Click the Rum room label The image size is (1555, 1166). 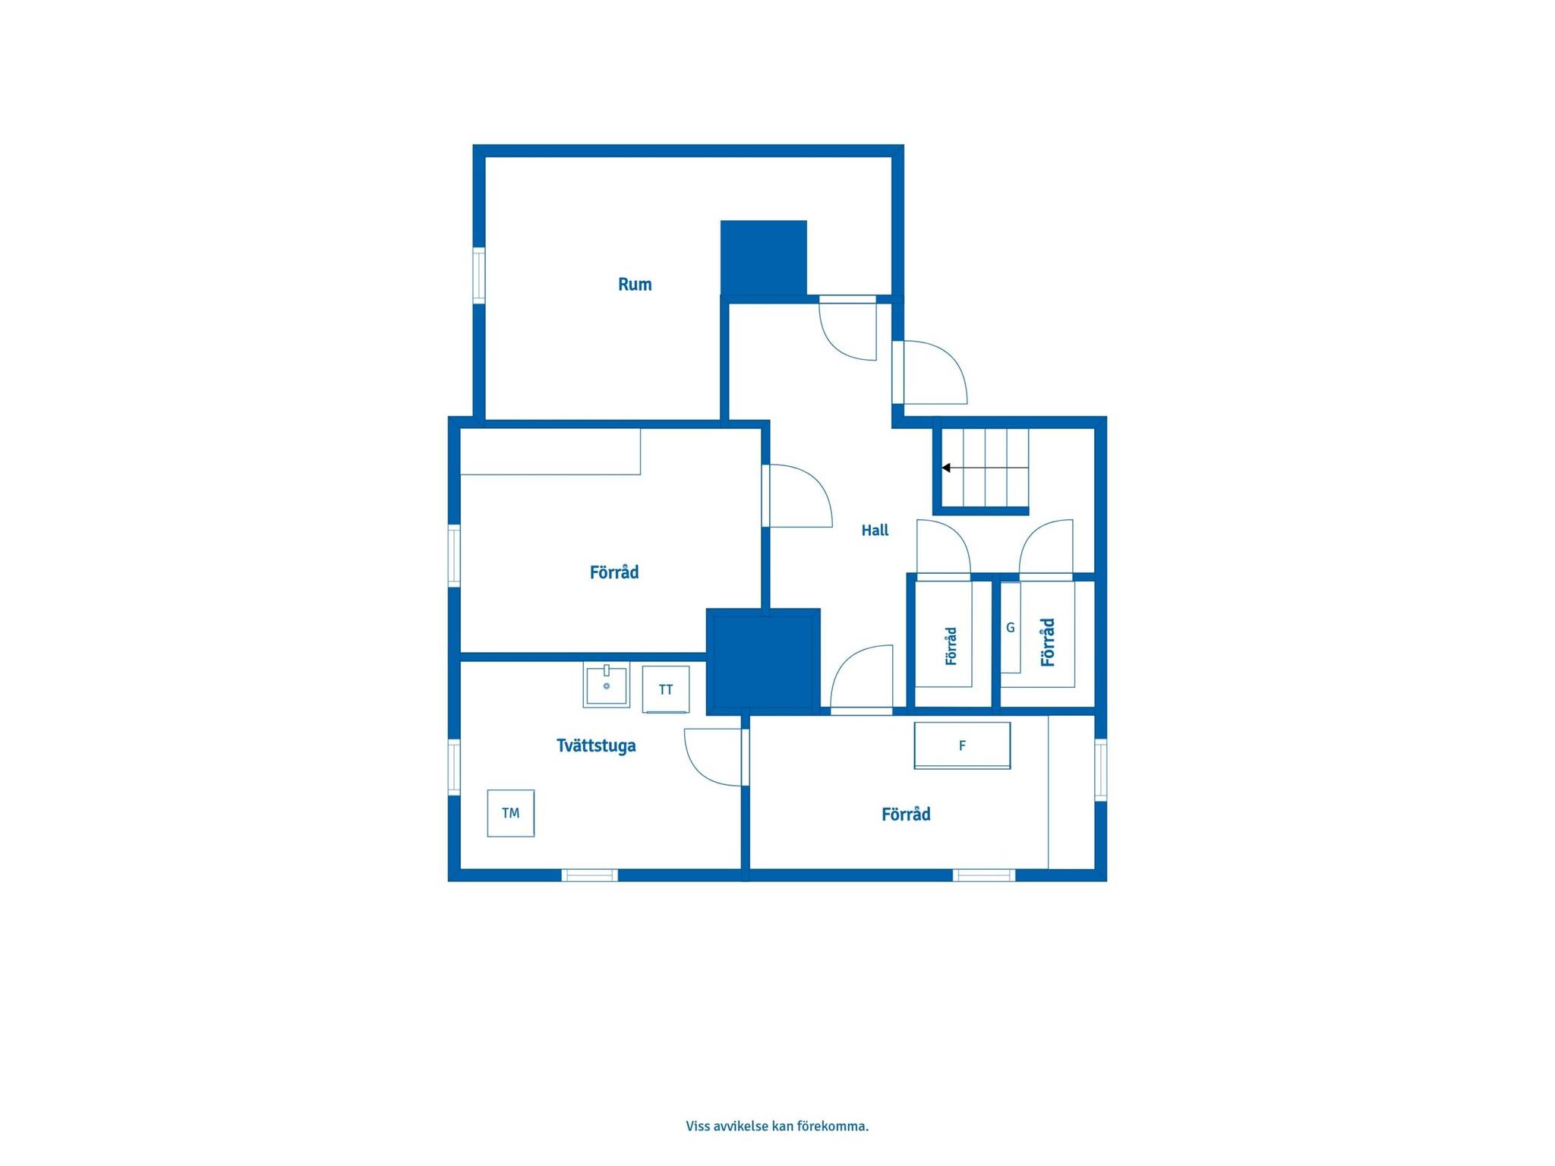pyautogui.click(x=635, y=285)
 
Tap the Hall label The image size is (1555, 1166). pyautogui.click(x=875, y=531)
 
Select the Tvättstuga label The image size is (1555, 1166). pyautogui.click(x=596, y=745)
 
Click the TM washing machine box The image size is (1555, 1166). pyautogui.click(x=511, y=813)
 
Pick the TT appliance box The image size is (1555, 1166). pyautogui.click(x=666, y=689)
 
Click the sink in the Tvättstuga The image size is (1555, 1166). pyautogui.click(x=607, y=685)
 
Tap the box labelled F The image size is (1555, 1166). pyautogui.click(x=962, y=745)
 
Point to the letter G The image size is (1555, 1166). pyautogui.click(x=1011, y=628)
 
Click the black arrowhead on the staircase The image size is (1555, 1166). pyautogui.click(x=946, y=468)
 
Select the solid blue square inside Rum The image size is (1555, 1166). pyautogui.click(x=764, y=257)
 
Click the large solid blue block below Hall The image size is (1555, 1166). pyautogui.click(x=763, y=662)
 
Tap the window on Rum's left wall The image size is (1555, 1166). pyautogui.click(x=479, y=276)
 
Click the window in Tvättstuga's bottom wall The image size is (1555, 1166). pyautogui.click(x=590, y=875)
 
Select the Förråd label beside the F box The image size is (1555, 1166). pyautogui.click(x=906, y=815)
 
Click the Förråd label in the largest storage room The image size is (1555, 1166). pyautogui.click(x=614, y=572)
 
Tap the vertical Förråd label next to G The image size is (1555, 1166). pyautogui.click(x=1048, y=642)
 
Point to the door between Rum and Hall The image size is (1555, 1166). pyautogui.click(x=848, y=327)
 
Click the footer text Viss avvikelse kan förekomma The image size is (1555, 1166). pyautogui.click(x=777, y=1126)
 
